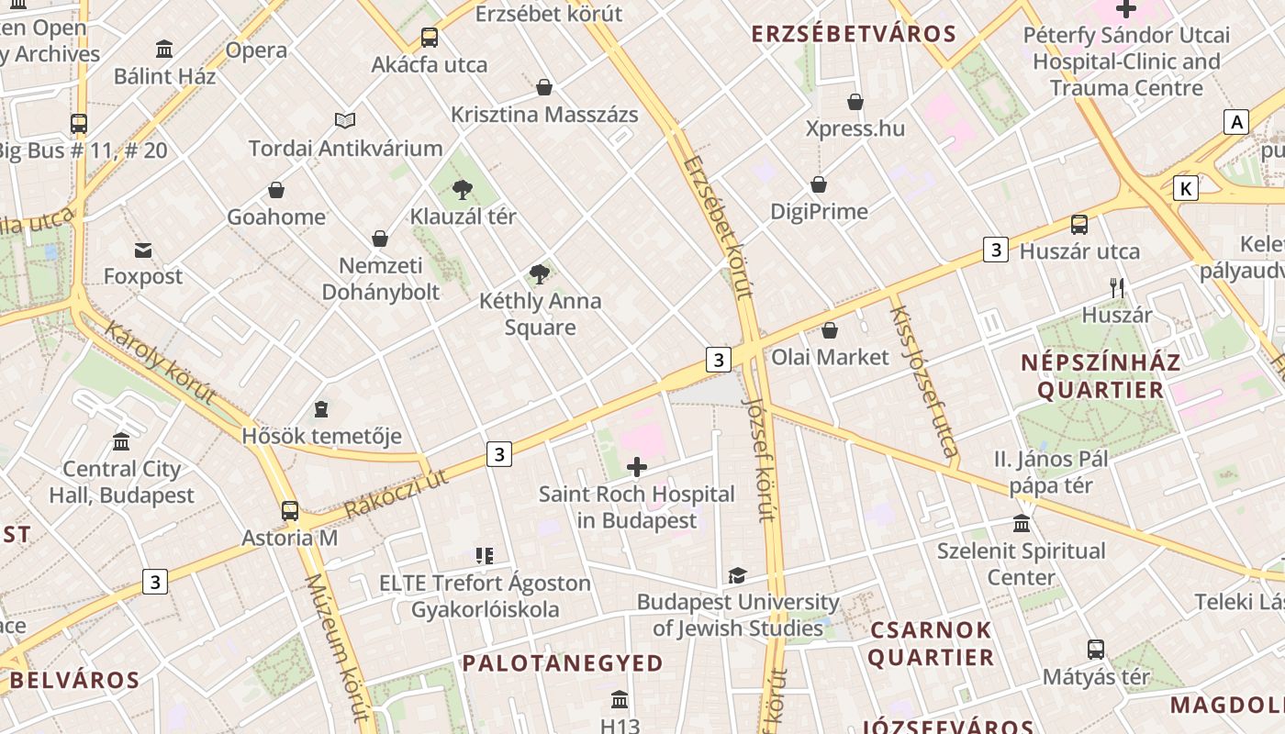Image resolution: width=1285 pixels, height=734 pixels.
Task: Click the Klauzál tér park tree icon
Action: pyautogui.click(x=463, y=190)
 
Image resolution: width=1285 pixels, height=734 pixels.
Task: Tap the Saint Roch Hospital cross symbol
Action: pyautogui.click(x=636, y=468)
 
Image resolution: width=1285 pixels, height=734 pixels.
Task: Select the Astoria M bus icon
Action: pyautogui.click(x=290, y=511)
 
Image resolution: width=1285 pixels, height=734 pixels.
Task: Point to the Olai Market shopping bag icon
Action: pyautogui.click(x=830, y=330)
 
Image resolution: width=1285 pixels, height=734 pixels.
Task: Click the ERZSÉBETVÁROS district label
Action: pyautogui.click(x=854, y=35)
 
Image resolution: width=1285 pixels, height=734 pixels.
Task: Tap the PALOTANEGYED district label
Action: pyautogui.click(x=562, y=662)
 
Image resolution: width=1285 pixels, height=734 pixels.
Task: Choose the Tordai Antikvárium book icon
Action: pyautogui.click(x=345, y=120)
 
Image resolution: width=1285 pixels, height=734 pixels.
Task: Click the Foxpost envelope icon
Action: pyautogui.click(x=143, y=250)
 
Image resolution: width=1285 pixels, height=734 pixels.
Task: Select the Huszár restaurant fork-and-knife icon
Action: pyautogui.click(x=1117, y=288)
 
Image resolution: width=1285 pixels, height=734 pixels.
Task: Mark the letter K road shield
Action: pyautogui.click(x=1186, y=189)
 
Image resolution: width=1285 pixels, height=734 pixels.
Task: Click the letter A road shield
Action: pyautogui.click(x=1236, y=122)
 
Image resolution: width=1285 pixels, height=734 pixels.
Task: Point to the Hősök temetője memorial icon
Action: pyautogui.click(x=321, y=408)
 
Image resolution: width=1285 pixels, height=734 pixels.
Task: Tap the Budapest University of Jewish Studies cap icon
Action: pyautogui.click(x=737, y=575)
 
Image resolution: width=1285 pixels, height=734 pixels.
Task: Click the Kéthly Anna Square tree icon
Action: pyautogui.click(x=540, y=273)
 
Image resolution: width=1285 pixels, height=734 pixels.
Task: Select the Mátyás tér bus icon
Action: pyautogui.click(x=1095, y=650)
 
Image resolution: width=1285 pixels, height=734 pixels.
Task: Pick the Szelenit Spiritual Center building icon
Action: pyautogui.click(x=1021, y=524)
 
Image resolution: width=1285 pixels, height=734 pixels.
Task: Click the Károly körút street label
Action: pyautogui.click(x=160, y=361)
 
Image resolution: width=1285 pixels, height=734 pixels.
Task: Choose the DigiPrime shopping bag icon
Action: pyautogui.click(x=819, y=184)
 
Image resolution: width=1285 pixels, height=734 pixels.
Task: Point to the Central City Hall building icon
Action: pyautogui.click(x=121, y=442)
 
